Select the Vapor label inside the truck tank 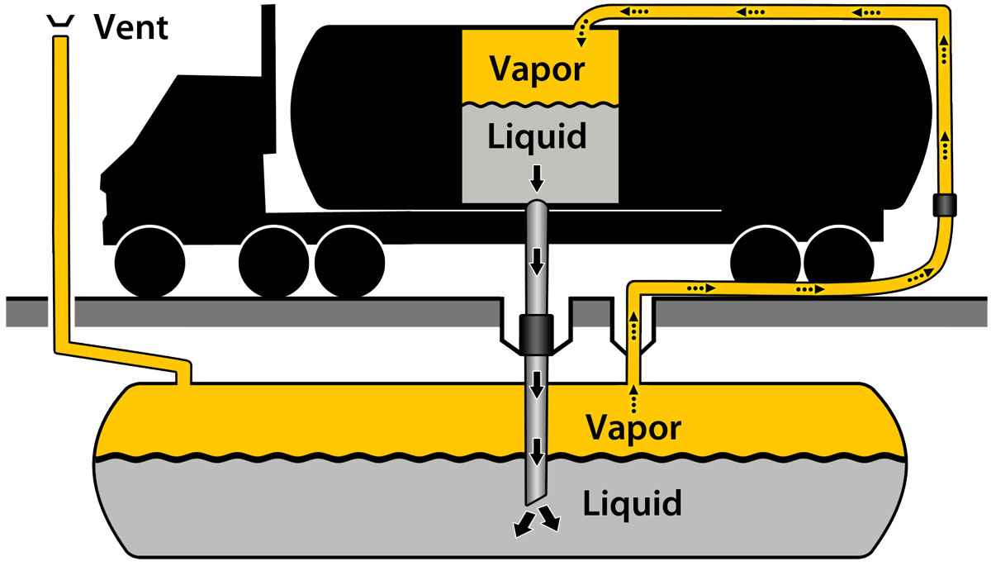point(538,69)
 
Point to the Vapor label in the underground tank point(633,427)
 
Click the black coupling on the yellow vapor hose point(945,205)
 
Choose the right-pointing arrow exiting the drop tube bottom point(551,521)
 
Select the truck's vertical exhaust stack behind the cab point(268,50)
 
